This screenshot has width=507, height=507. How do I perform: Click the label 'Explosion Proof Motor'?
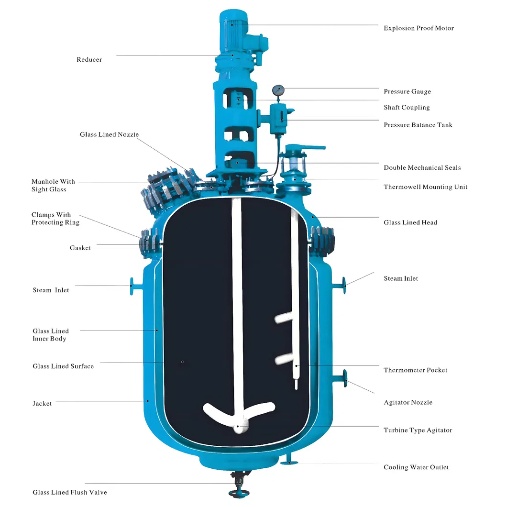[x=419, y=28]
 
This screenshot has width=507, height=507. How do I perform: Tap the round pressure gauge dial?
[x=278, y=89]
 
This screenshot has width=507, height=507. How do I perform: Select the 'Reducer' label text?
[x=89, y=60]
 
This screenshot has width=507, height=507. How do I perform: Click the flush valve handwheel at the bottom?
[x=236, y=493]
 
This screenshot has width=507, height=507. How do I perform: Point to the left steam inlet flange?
[x=132, y=286]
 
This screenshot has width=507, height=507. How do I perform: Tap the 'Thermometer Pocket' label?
[x=415, y=370]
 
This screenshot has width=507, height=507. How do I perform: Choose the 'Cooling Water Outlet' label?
[x=416, y=467]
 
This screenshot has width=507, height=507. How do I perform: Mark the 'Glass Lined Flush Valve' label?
[x=70, y=492]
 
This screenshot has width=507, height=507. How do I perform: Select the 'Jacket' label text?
[x=42, y=404]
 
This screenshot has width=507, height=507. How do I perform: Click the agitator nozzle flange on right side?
[x=345, y=378]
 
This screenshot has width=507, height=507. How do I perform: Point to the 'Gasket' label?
[x=80, y=248]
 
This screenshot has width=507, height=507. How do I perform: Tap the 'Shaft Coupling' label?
[x=407, y=108]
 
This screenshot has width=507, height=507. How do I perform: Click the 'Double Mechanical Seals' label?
[x=422, y=168]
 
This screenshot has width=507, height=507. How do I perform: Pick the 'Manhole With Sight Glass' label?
[x=53, y=186]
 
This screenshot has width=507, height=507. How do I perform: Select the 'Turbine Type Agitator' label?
[x=418, y=430]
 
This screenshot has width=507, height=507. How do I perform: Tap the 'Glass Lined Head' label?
[x=410, y=222]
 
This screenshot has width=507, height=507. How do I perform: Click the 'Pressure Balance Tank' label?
[x=418, y=125]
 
